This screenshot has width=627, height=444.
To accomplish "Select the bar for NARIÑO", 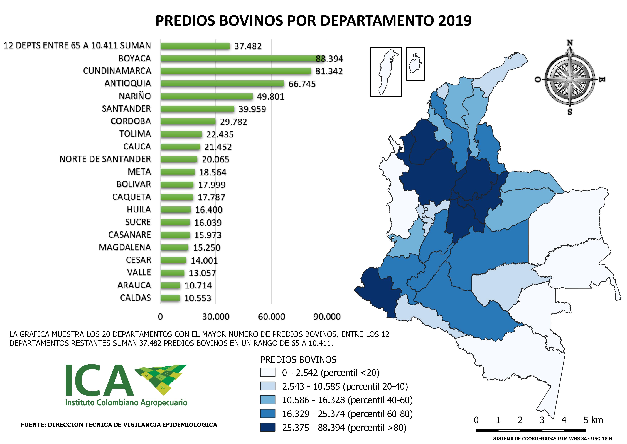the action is click(x=206, y=96).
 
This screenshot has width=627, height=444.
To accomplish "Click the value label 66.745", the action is click(x=302, y=84).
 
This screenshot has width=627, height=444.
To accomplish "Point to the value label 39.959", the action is click(x=252, y=109).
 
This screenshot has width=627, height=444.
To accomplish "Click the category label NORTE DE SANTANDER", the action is click(x=105, y=159).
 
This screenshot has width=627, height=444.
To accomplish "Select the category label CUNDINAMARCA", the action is click(x=117, y=71).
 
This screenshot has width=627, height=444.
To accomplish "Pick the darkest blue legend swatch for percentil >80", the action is click(x=268, y=427).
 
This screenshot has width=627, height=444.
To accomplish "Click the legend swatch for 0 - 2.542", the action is click(x=268, y=372).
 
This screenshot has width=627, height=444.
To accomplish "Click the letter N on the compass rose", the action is click(x=570, y=43).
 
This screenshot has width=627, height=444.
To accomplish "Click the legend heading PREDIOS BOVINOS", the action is click(x=298, y=359).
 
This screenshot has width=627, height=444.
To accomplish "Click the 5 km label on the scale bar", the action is click(x=593, y=420).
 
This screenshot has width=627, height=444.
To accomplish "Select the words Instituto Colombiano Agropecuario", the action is click(x=126, y=403).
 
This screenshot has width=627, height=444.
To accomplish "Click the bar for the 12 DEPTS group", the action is click(x=195, y=46).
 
